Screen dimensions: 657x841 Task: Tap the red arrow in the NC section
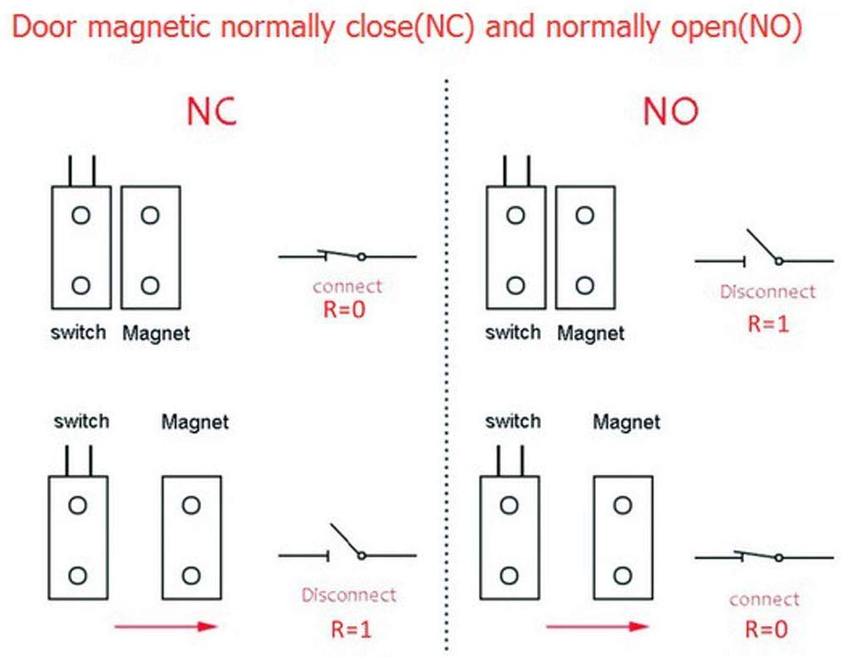click(x=165, y=626)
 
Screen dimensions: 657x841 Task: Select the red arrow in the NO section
click(x=597, y=626)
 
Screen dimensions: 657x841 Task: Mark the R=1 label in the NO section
click(x=767, y=323)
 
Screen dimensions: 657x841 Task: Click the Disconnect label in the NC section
click(x=348, y=595)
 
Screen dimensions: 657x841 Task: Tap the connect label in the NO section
click(x=764, y=599)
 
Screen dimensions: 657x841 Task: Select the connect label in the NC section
click(x=348, y=287)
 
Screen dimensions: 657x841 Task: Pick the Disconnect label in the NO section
click(x=767, y=292)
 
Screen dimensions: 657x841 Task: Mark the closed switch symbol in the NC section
click(x=347, y=255)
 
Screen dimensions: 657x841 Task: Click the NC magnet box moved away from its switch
click(x=191, y=537)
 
